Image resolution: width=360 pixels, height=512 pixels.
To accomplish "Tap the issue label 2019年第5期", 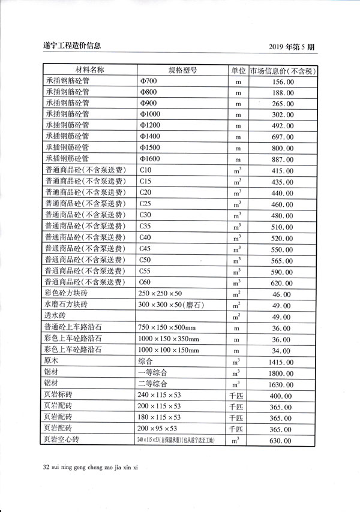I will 293,46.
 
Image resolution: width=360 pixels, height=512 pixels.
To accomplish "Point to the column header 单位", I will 238,70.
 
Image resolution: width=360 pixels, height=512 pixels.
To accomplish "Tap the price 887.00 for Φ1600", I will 282,159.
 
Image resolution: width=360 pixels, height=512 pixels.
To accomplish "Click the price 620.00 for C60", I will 282,282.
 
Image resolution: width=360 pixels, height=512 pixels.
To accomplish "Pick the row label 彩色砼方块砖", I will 66,293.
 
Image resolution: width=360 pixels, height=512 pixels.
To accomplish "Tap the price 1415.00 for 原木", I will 282,362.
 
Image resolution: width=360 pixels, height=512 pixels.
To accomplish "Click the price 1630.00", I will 282,384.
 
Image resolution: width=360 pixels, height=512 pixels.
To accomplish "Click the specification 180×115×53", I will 159,418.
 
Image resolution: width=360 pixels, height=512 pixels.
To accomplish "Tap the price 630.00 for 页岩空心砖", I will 282,441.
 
